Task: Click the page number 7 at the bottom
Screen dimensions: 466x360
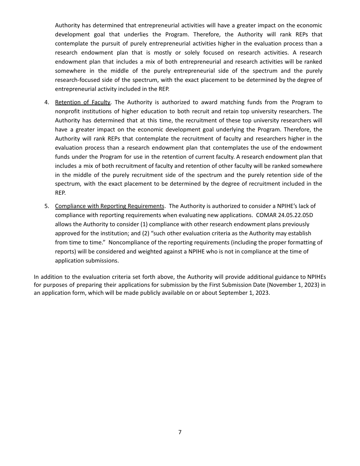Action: click(x=180, y=432)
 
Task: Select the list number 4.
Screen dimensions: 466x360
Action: click(x=47, y=102)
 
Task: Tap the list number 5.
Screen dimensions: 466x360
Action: click(x=47, y=206)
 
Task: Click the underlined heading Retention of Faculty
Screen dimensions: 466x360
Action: click(x=83, y=102)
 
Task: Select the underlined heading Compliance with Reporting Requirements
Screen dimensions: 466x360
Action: click(x=110, y=206)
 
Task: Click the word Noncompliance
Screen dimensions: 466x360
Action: click(x=128, y=242)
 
